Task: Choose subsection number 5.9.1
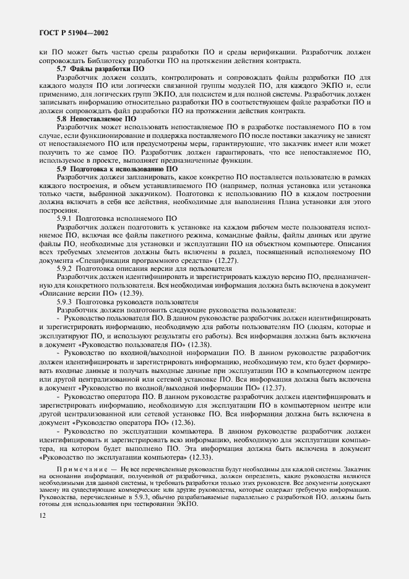64,218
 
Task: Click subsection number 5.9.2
64,268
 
